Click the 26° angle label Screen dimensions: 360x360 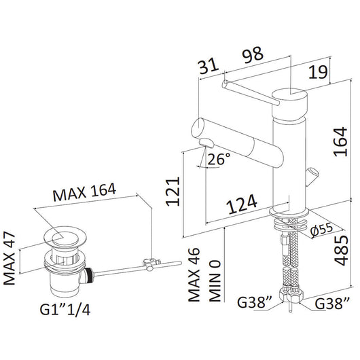pyautogui.click(x=219, y=159)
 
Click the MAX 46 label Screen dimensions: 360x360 pyautogui.click(x=194, y=276)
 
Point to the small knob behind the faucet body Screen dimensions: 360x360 pyautogui.click(x=313, y=175)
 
